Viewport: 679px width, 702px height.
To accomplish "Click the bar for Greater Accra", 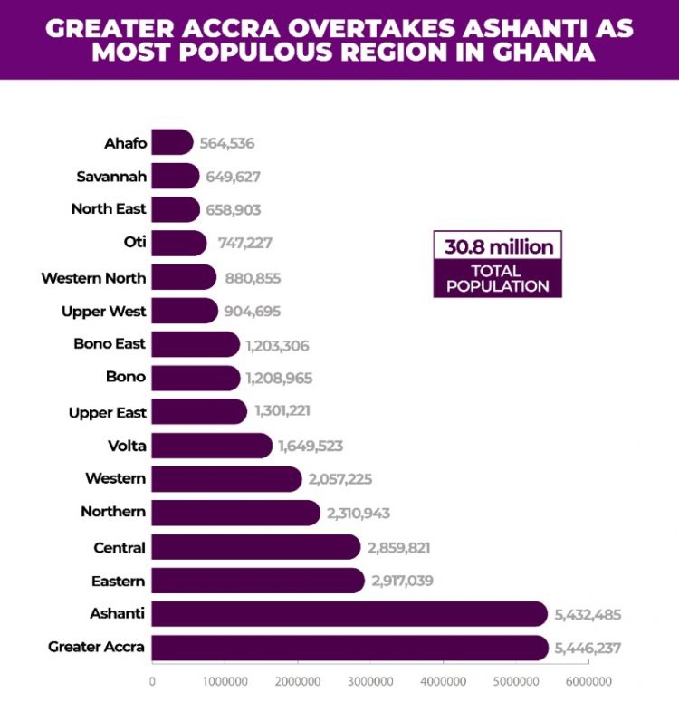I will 349,648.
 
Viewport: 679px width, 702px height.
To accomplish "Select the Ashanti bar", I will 349,614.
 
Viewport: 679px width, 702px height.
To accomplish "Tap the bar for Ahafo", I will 172,142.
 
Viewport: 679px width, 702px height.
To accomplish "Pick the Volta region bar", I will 211,446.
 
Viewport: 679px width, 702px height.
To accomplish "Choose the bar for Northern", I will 235,513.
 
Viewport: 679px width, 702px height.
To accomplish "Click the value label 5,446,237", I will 588,649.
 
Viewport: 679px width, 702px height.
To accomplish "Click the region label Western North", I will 93,278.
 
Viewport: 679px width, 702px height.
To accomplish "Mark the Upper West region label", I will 103,312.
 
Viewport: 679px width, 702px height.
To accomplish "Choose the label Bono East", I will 110,344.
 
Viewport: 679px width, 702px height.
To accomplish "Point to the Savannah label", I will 111,176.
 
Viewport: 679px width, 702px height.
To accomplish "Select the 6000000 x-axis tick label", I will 588,681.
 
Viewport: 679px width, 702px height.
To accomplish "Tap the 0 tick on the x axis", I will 152,681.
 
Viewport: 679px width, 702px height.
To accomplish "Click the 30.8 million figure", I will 497,245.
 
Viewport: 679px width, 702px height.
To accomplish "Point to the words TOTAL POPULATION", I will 497,278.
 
